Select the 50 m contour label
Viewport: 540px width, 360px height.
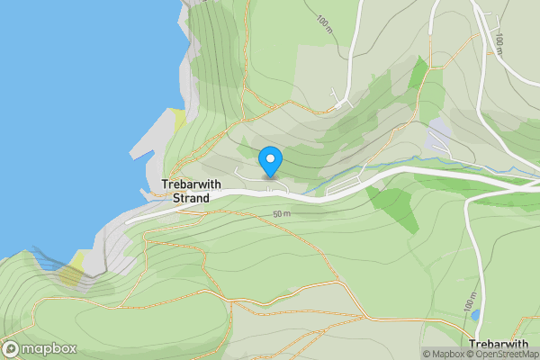tap(282, 214)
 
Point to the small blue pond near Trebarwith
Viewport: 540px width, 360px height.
tap(475, 315)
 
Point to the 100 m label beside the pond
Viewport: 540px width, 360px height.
tap(470, 306)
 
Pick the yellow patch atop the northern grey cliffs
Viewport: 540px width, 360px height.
tap(178, 117)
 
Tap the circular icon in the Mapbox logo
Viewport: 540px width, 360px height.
tap(11, 349)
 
